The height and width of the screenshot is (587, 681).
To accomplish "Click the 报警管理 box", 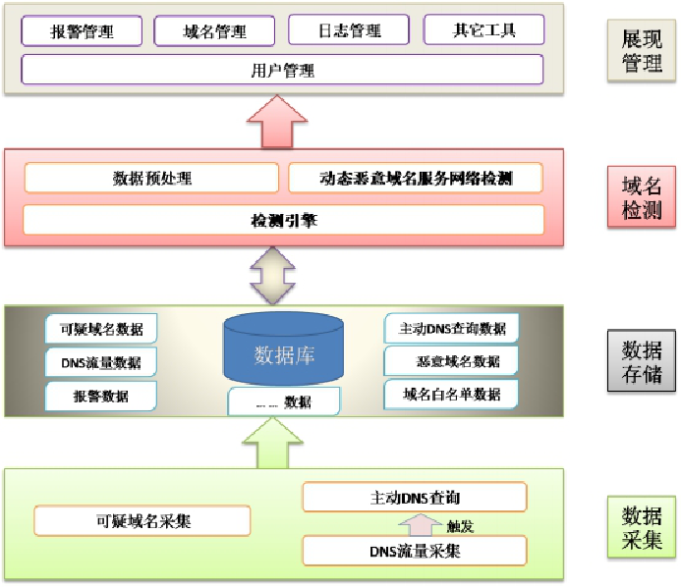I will pyautogui.click(x=82, y=31).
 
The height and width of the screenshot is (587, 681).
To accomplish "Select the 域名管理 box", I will pyautogui.click(x=214, y=31).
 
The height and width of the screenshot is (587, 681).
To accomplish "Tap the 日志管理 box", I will pyautogui.click(x=350, y=31).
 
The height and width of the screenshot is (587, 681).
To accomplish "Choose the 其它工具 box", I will pyautogui.click(x=483, y=29).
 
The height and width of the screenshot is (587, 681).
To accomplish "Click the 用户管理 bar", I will pyautogui.click(x=282, y=71).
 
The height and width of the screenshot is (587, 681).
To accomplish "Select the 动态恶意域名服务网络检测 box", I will pyautogui.click(x=416, y=179).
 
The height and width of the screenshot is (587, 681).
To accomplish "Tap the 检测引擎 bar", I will pyautogui.click(x=283, y=221).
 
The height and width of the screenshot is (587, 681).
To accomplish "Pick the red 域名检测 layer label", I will pyautogui.click(x=642, y=196).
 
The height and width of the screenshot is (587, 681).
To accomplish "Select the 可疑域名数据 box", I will pyautogui.click(x=100, y=330).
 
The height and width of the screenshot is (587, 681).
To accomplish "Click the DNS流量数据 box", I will pyautogui.click(x=100, y=362).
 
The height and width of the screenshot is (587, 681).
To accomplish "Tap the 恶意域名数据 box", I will pyautogui.click(x=451, y=361).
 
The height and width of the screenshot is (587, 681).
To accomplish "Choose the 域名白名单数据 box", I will pyautogui.click(x=451, y=395).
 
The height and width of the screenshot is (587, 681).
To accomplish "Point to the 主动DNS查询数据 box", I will pyautogui.click(x=451, y=328).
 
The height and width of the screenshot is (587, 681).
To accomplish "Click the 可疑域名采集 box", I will pyautogui.click(x=142, y=521).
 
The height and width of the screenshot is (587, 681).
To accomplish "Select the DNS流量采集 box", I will pyautogui.click(x=415, y=551).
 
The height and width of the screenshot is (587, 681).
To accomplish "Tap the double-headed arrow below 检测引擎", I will pyautogui.click(x=273, y=274).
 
